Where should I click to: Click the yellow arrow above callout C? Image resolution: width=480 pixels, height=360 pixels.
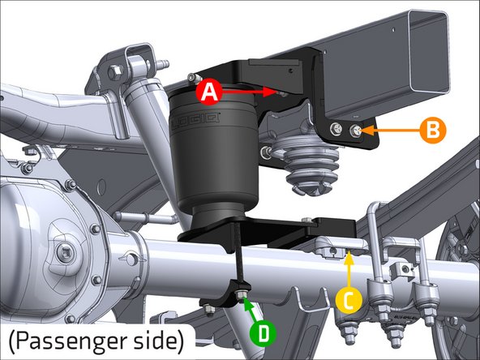[349, 268]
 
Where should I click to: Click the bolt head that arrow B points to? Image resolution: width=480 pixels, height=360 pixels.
[357, 128]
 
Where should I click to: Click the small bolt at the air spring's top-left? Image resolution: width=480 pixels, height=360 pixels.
[192, 79]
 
